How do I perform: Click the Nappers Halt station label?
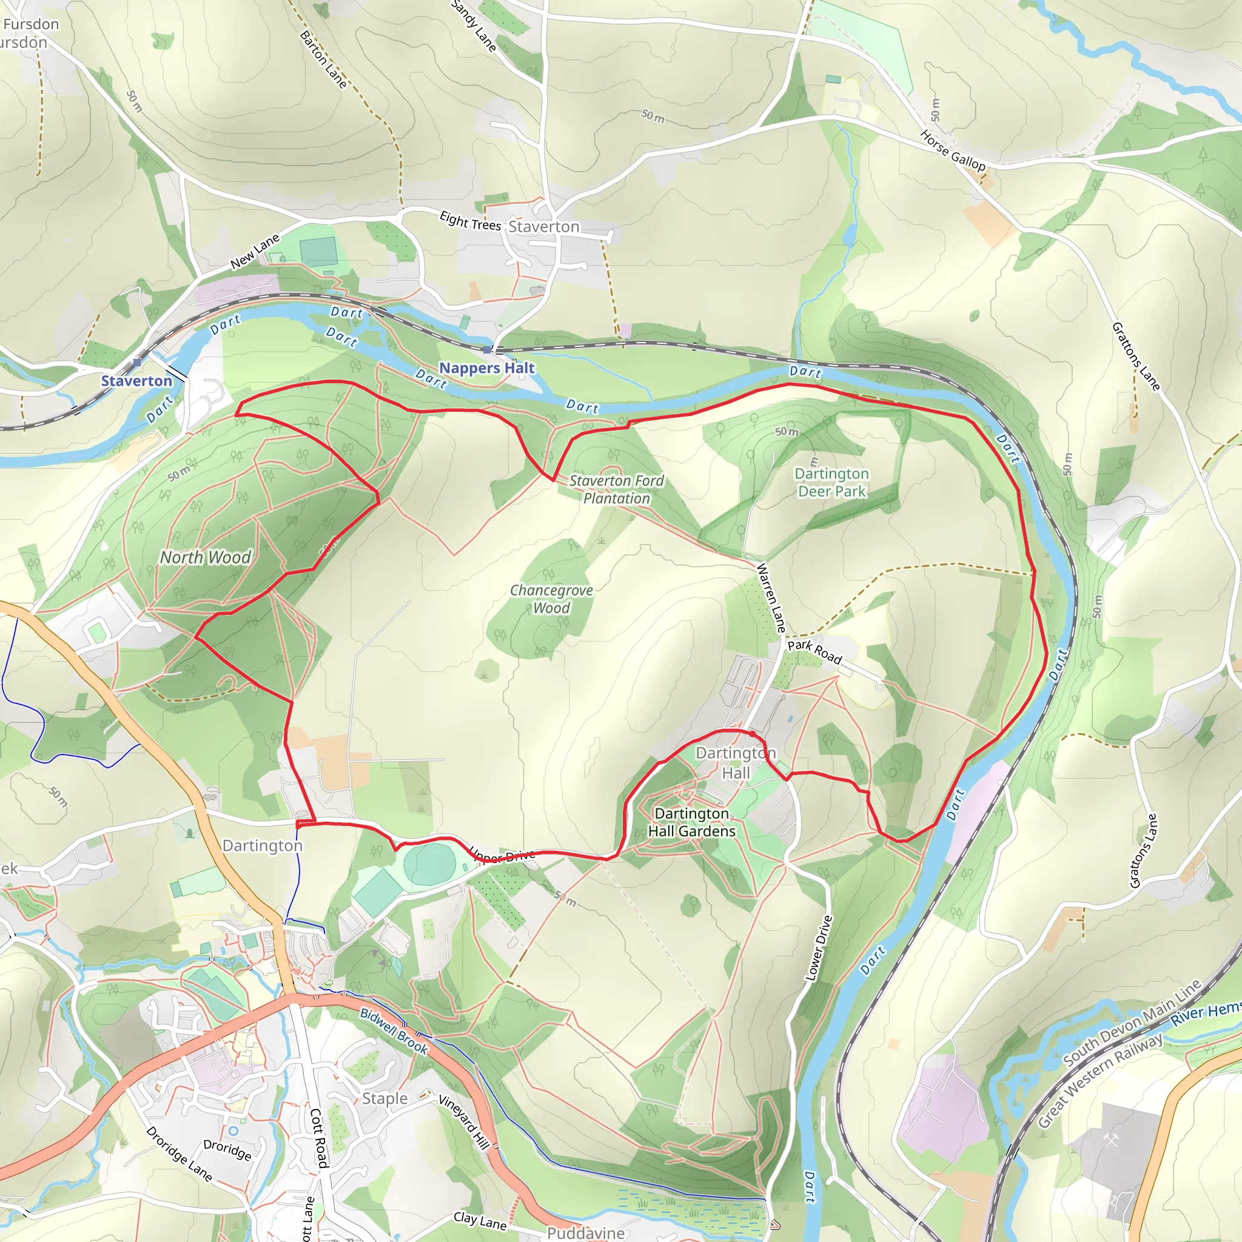tap(486, 368)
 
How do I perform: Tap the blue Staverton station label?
tap(136, 381)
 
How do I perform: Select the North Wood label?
tap(205, 557)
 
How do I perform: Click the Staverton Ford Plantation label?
tap(617, 489)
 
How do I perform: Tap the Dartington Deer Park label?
tap(831, 482)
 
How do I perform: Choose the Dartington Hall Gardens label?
tap(691, 822)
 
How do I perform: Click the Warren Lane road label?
tap(771, 597)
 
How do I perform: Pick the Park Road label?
tap(814, 651)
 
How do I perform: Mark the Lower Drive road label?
tap(819, 948)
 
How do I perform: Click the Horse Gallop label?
tap(952, 150)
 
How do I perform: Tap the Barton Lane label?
tap(323, 60)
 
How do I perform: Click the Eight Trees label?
tap(470, 221)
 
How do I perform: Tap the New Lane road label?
tap(255, 251)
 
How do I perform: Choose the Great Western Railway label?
tap(1100, 1080)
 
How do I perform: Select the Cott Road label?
tap(319, 1138)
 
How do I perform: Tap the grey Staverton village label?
tap(544, 227)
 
